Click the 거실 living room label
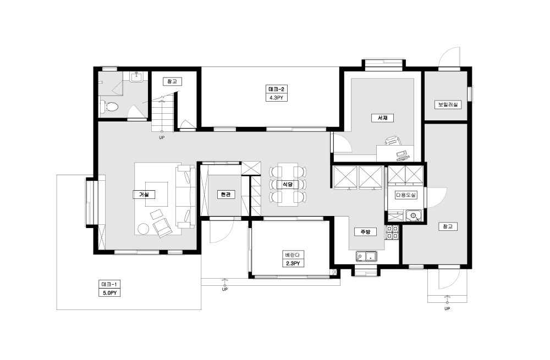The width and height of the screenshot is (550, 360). [x=144, y=195]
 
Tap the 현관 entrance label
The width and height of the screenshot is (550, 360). [x=226, y=195]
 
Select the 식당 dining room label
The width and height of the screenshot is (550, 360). [x=288, y=184]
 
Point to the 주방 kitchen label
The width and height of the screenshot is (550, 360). [x=365, y=232]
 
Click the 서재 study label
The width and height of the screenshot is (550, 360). [x=382, y=118]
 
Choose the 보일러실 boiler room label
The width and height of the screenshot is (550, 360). [x=448, y=104]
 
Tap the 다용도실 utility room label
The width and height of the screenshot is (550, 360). [x=406, y=195]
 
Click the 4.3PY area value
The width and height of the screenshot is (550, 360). [x=277, y=98]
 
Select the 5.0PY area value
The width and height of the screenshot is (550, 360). [x=109, y=293]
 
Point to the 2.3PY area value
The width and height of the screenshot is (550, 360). [x=293, y=263]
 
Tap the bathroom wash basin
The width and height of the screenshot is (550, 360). [x=136, y=76]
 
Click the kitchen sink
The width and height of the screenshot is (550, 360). [x=366, y=257]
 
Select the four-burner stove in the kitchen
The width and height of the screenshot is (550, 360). [x=392, y=232]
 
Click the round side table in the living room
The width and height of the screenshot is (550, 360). [x=143, y=229]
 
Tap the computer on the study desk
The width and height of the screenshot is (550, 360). [x=403, y=154]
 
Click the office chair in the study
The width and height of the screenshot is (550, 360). [x=393, y=141]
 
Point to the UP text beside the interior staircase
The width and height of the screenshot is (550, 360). [x=162, y=138]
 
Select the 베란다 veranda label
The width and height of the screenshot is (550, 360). [x=293, y=255]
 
